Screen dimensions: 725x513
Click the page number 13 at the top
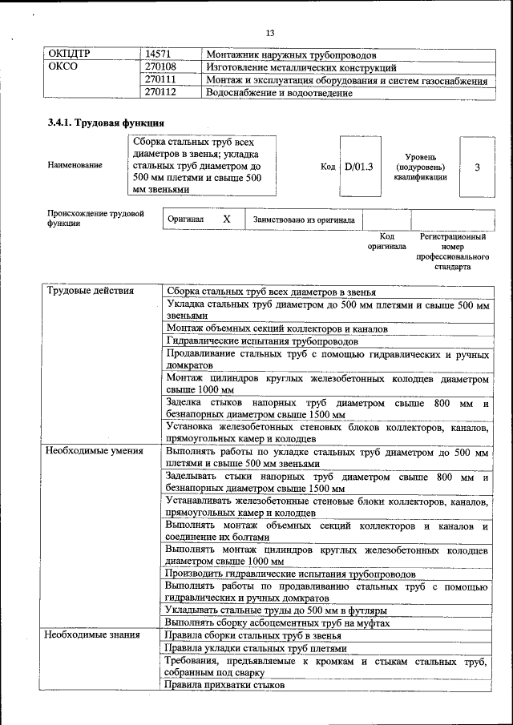pos(270,32)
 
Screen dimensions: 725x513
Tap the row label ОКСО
pos(63,67)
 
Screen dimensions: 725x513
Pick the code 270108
pos(160,67)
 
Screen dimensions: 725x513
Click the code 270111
pos(160,80)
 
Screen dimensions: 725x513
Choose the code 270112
pos(160,93)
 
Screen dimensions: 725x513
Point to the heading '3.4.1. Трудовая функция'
pos(106,123)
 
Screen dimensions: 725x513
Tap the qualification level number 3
pos(478,167)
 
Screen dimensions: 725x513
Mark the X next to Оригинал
pos(227,218)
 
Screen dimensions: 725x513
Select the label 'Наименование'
pos(75,165)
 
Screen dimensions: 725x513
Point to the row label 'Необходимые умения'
pos(94,451)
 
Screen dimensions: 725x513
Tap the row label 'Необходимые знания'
pos(92,635)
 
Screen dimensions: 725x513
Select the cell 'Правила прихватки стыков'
pos(224,686)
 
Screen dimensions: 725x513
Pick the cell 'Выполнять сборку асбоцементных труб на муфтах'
pos(277,622)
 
